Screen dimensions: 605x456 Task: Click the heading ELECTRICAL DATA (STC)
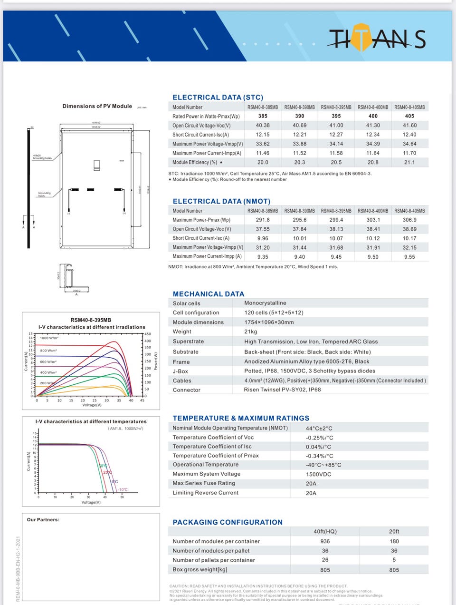click(218, 97)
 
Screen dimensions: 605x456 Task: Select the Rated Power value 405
click(409, 116)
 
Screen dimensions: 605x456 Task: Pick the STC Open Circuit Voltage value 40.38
click(263, 126)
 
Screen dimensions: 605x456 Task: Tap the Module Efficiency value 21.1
click(409, 162)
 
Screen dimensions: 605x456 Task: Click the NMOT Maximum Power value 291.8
click(263, 220)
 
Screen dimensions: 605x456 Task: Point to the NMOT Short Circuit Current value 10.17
click(409, 238)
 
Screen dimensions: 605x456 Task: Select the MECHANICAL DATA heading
click(208, 294)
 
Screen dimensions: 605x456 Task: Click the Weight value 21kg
click(250, 332)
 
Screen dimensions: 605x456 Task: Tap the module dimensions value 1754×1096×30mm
click(269, 322)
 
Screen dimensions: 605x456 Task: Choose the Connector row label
click(187, 390)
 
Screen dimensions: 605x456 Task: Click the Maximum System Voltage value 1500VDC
click(319, 474)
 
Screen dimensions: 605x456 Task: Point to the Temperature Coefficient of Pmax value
click(319, 456)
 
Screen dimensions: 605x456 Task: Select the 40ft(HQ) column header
click(325, 531)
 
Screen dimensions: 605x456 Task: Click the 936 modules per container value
click(325, 541)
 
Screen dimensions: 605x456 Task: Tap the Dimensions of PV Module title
click(97, 106)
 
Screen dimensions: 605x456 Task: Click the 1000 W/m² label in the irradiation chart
click(49, 338)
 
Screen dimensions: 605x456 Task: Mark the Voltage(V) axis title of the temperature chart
click(91, 502)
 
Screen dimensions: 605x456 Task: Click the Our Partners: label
click(43, 520)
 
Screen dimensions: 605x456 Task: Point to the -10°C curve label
click(123, 489)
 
